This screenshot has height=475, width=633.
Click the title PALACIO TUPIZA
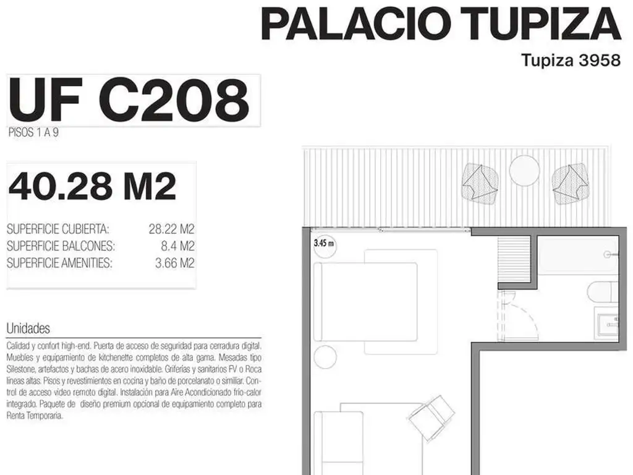[441, 24]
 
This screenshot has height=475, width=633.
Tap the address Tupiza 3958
[571, 60]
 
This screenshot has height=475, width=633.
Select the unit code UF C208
[129, 100]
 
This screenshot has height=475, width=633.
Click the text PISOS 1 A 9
[33, 132]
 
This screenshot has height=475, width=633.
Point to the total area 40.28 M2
[93, 186]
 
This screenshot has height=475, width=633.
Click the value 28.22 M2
[171, 229]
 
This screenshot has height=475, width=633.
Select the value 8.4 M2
[177, 246]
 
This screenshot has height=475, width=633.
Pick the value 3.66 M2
[174, 263]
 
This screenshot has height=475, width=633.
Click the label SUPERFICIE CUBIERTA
[57, 229]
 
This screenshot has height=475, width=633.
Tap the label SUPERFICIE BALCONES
[61, 246]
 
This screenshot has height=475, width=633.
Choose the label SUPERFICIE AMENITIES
[59, 263]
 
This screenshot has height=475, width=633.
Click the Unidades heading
[28, 328]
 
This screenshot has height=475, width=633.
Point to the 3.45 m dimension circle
[325, 244]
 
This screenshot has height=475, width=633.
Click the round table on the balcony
[524, 171]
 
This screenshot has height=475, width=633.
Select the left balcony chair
[480, 183]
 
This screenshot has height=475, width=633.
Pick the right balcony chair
[569, 184]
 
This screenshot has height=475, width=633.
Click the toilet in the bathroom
[602, 292]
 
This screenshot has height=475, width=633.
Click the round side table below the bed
[325, 357]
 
